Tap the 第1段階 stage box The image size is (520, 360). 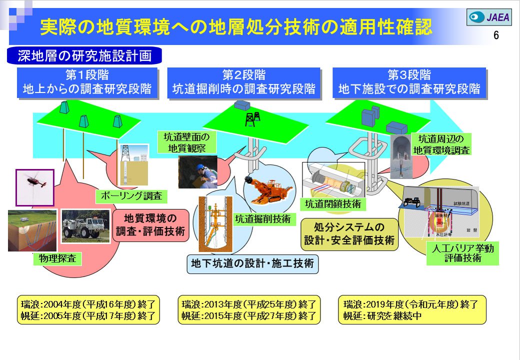[87, 82]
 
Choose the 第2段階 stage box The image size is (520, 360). [244, 82]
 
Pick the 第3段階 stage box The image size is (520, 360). [409, 82]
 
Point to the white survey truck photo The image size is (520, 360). [85, 226]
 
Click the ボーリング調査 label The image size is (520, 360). [131, 196]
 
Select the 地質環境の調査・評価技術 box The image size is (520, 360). [150, 225]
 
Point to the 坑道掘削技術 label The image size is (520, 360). [262, 219]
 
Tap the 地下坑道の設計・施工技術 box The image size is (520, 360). [252, 263]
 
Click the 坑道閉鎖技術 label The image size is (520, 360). [333, 203]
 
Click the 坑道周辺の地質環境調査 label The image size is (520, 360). [441, 144]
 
